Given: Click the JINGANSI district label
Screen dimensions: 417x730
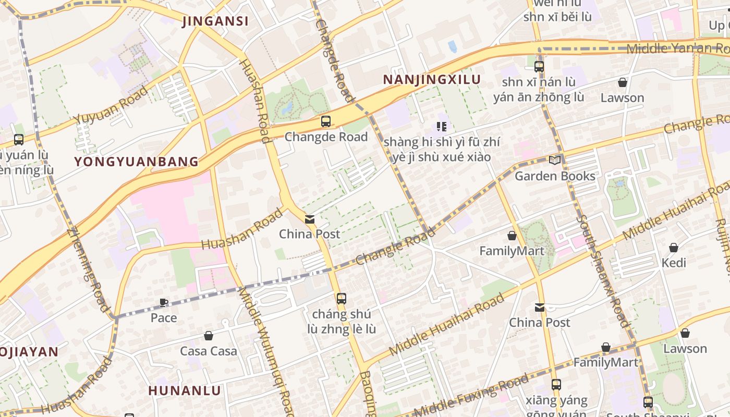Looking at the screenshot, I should (x=215, y=21).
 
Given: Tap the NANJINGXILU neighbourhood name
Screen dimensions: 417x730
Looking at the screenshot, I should (x=432, y=80).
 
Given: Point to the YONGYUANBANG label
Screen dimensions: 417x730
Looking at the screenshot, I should (x=137, y=162).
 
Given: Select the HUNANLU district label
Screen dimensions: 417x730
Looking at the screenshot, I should (x=185, y=390).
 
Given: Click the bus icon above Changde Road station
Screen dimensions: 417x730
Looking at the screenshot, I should (x=326, y=121).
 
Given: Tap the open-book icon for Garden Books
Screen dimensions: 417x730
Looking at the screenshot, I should (x=555, y=160).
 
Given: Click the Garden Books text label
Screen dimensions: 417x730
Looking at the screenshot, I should (x=555, y=176).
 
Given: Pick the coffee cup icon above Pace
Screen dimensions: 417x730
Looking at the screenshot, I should (x=164, y=302).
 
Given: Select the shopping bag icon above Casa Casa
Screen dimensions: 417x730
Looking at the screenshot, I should (x=209, y=336).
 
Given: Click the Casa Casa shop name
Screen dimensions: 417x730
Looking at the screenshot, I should (x=209, y=351).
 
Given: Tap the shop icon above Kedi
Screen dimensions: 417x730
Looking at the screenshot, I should (x=674, y=248).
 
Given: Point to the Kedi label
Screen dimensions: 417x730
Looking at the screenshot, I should (x=674, y=263).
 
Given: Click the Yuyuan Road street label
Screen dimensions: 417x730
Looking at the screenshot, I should (x=111, y=106).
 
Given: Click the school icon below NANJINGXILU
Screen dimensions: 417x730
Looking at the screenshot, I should (x=442, y=126).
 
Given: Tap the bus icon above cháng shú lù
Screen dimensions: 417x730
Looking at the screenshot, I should (x=342, y=299).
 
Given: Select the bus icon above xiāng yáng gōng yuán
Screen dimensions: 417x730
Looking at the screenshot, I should (x=556, y=385).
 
